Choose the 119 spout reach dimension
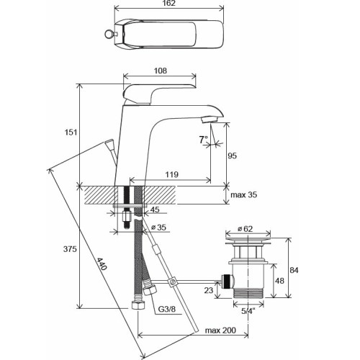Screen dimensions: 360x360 tap(171, 175)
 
